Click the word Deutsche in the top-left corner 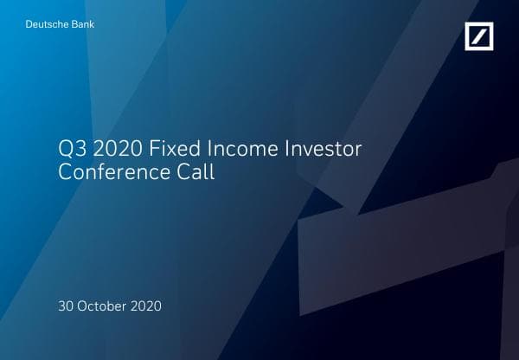[46, 24]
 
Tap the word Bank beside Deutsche [80, 24]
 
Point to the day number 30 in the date [66, 306]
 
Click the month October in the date [103, 306]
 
